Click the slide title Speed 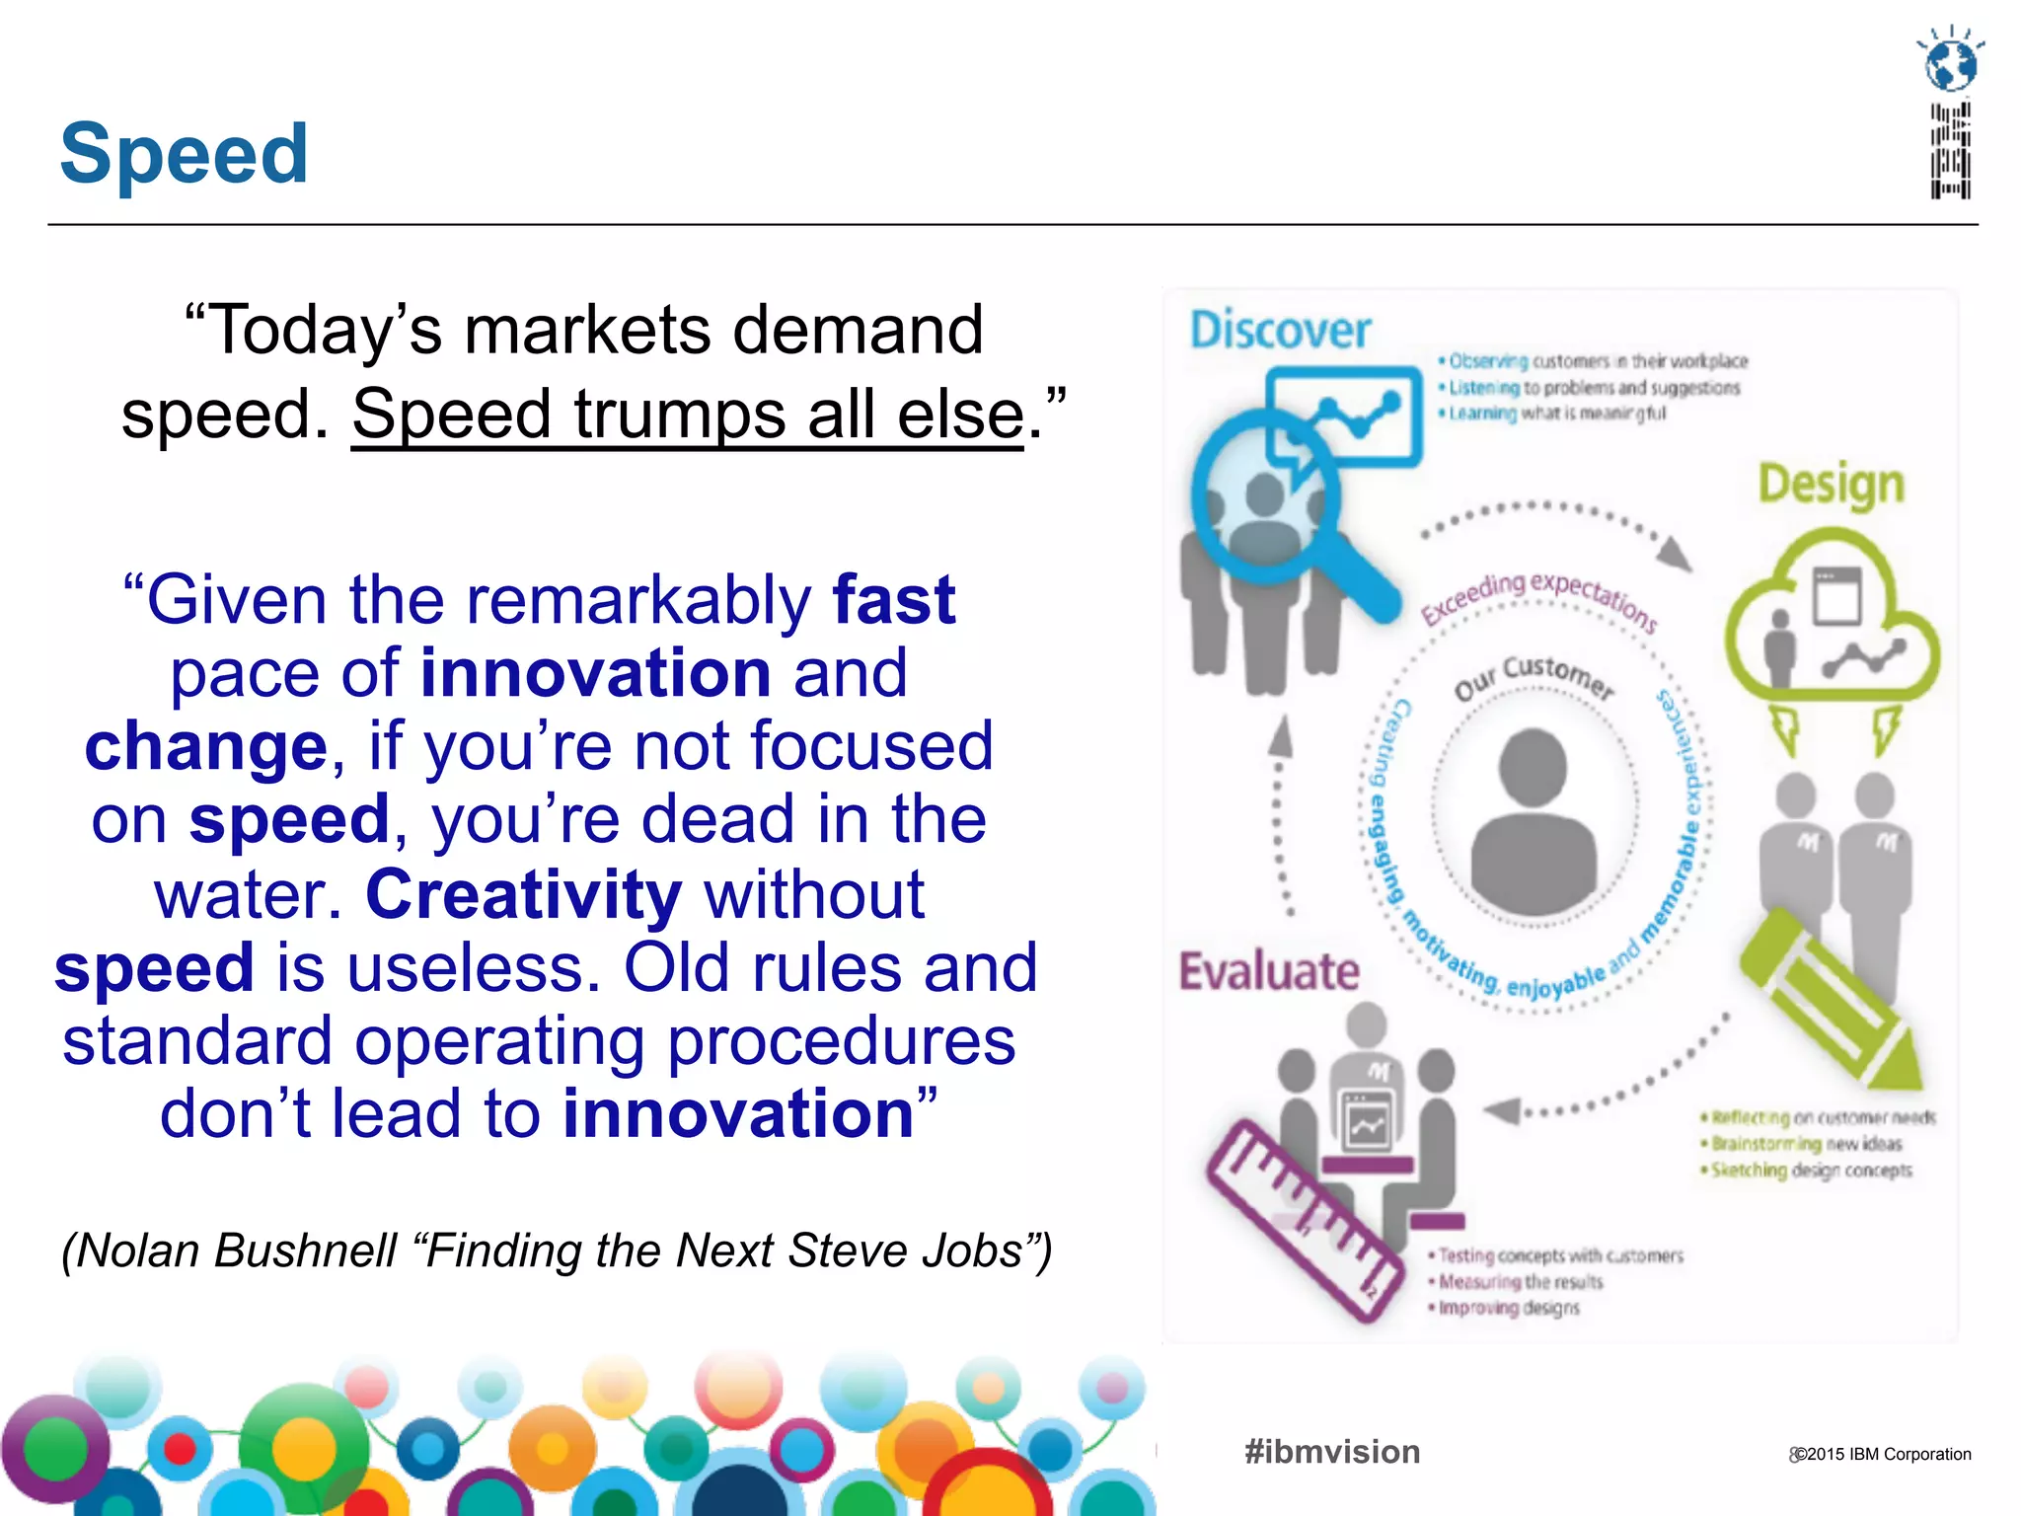[x=184, y=154]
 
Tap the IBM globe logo [x=1951, y=65]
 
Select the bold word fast [x=893, y=599]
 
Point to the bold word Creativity [x=523, y=894]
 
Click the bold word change [x=205, y=746]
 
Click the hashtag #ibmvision [x=1332, y=1452]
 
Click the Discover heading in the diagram [x=1280, y=330]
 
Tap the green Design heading [x=1831, y=485]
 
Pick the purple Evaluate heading [x=1269, y=971]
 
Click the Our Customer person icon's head [x=1533, y=767]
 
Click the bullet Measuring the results [x=1520, y=1282]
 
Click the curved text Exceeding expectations [x=1538, y=596]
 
